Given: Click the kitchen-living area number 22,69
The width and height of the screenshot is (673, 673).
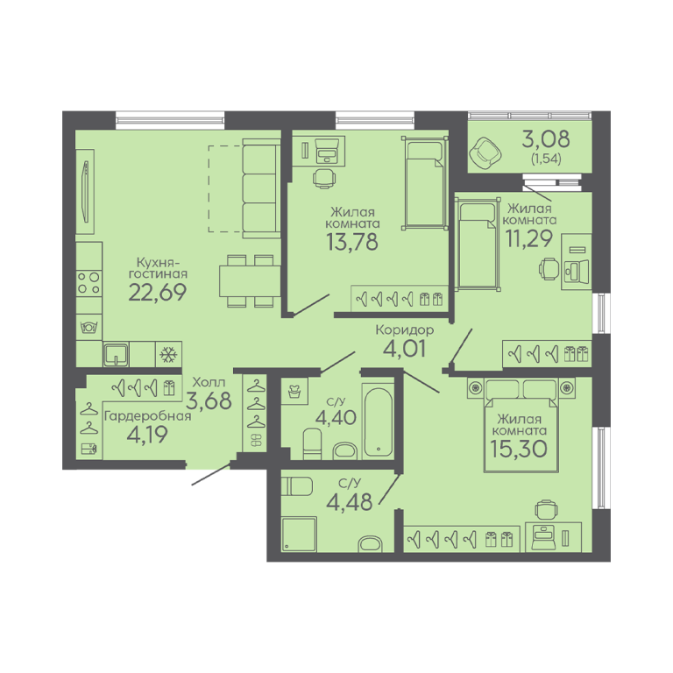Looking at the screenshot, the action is (x=158, y=293).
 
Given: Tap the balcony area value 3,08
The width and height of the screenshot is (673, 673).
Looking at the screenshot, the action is (x=546, y=139).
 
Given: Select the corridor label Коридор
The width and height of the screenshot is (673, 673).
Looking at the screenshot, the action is (x=404, y=329).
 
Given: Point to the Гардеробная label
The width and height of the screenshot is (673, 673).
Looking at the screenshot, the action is (x=147, y=416).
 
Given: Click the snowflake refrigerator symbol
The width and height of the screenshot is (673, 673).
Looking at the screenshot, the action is (x=168, y=355).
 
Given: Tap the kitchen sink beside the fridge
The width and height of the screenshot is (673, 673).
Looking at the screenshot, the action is (x=116, y=354).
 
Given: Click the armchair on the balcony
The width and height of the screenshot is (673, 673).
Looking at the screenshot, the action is (x=485, y=152).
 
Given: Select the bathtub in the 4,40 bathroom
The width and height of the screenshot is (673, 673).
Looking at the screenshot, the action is (x=378, y=422).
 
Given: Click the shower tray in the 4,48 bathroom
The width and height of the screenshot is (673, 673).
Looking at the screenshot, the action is (x=299, y=534).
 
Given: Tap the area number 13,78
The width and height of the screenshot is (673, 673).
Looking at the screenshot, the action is (x=352, y=242).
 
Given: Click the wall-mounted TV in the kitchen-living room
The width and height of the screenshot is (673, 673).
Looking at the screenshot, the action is (x=86, y=192).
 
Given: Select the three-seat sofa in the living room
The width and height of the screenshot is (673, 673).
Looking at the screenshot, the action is (x=261, y=188).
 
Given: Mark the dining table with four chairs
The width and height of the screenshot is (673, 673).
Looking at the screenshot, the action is (x=251, y=281).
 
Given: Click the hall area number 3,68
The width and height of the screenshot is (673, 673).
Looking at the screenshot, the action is (x=209, y=400).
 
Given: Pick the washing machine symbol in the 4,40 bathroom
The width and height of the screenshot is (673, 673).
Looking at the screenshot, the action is (x=294, y=392).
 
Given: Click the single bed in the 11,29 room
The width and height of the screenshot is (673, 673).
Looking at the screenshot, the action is (x=478, y=244).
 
